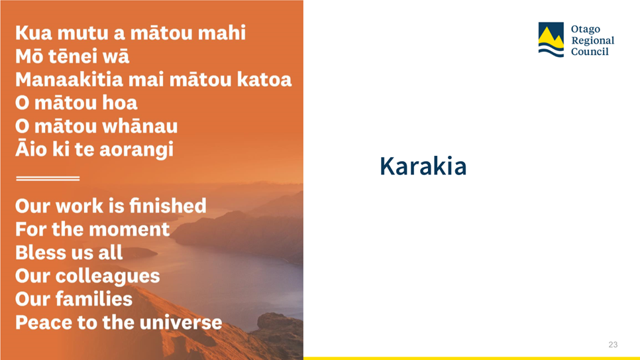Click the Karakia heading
423,166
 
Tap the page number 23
613,345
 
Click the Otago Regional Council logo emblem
551,40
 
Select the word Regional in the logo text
592,41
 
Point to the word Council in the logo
590,52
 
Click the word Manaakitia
69,80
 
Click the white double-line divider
48,178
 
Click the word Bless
36,252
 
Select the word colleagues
107,276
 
